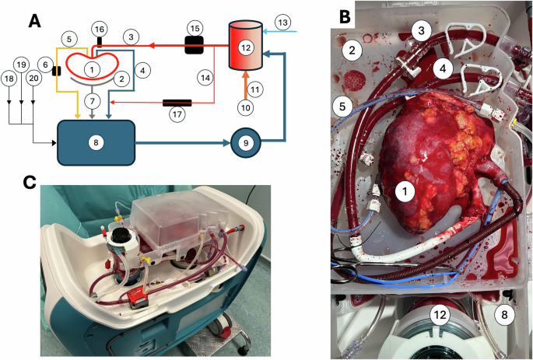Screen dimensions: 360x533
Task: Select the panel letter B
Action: point(343,13)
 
